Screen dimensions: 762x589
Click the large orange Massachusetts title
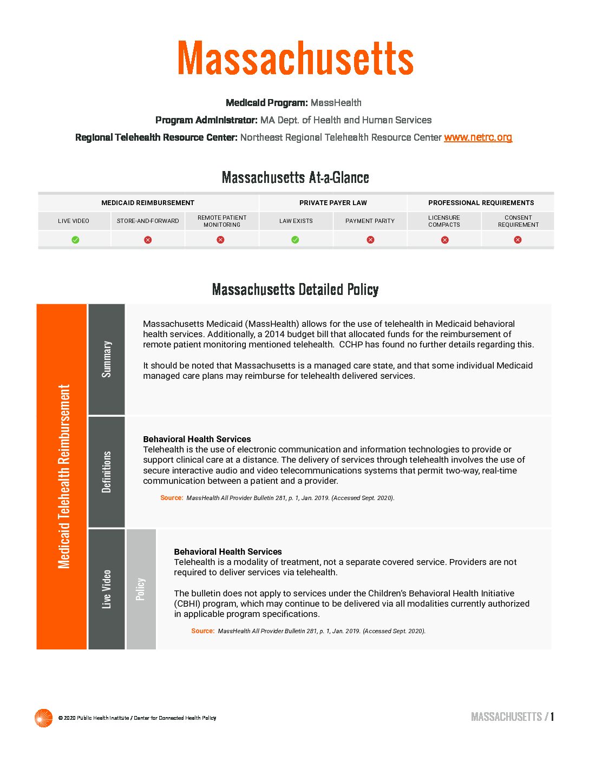click(x=295, y=58)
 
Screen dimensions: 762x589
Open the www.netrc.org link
click(x=477, y=137)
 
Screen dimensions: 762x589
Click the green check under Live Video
click(x=75, y=240)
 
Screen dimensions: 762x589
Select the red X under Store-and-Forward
click(x=148, y=240)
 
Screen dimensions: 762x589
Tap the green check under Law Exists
click(x=295, y=240)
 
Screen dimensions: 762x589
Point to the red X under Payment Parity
click(x=370, y=240)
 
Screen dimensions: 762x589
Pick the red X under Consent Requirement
click(x=518, y=240)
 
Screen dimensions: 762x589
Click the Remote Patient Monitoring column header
click(x=222, y=221)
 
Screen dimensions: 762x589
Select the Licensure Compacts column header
click(x=444, y=221)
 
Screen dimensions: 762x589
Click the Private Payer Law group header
click(x=333, y=203)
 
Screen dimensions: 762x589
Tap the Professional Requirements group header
click(x=481, y=203)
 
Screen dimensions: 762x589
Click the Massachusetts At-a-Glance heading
click(x=295, y=178)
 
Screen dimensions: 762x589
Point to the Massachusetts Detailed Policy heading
click(x=295, y=290)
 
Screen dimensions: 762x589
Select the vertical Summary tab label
click(x=107, y=359)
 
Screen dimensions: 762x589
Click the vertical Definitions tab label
click(x=107, y=472)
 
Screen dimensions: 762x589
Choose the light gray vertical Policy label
click(x=141, y=589)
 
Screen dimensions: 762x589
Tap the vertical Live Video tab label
click(x=107, y=589)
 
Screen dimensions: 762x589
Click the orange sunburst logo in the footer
click(x=43, y=718)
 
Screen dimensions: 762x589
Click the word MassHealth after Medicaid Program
click(x=336, y=103)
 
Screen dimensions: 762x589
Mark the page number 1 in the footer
click(x=552, y=717)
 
